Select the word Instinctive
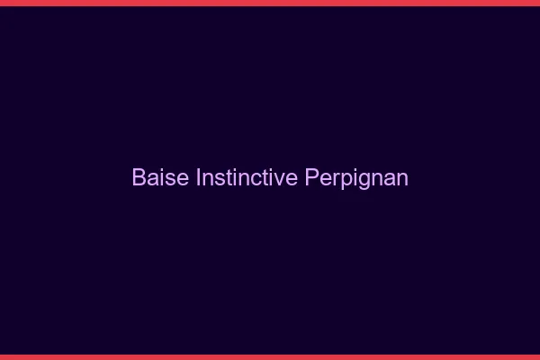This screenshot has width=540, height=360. coord(247,177)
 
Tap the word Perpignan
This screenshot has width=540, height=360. coord(356,178)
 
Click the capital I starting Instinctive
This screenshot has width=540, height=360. coord(198,177)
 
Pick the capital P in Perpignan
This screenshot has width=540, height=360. coord(311,177)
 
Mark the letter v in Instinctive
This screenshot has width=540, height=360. coord(280,178)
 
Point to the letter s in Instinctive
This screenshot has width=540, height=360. coord(217,178)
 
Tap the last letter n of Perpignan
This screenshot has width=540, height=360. coord(402,178)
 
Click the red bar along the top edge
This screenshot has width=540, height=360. coord(270,3)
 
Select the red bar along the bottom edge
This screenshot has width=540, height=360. coord(270,356)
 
